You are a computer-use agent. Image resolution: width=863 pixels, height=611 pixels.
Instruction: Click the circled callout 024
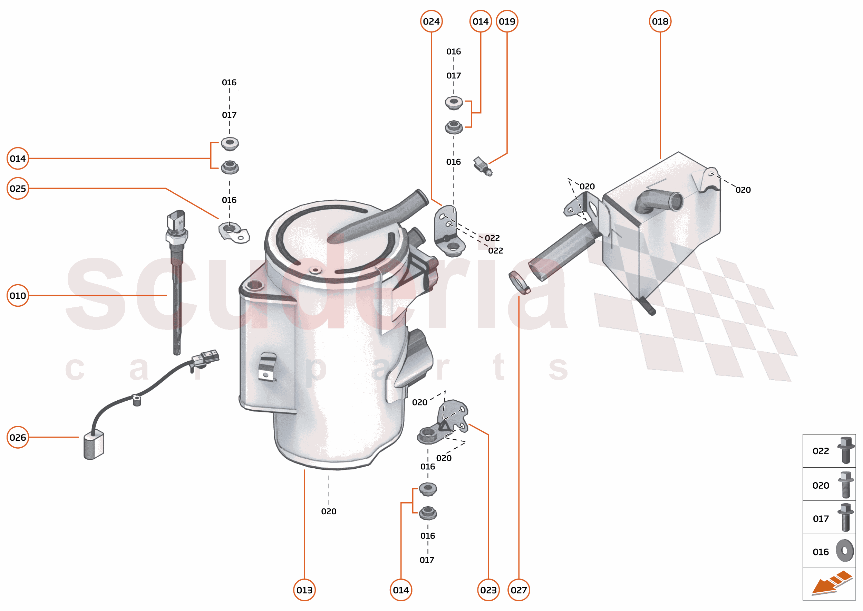tap(431, 21)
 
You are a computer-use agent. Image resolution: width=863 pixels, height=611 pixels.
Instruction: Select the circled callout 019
tap(506, 21)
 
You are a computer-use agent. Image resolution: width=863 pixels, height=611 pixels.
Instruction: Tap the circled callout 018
tap(660, 21)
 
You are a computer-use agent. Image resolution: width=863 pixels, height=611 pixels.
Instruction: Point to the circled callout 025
tap(18, 188)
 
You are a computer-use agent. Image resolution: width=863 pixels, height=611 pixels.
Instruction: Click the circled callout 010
tap(18, 295)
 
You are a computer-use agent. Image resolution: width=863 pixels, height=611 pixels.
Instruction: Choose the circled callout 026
tap(18, 437)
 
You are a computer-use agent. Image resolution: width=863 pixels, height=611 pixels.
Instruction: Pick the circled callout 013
tap(304, 590)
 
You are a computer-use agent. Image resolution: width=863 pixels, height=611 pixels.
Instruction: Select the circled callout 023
tap(488, 590)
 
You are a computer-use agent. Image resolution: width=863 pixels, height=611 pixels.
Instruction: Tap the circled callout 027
tap(518, 590)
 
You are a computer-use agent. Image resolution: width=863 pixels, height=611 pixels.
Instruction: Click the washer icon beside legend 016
tap(845, 551)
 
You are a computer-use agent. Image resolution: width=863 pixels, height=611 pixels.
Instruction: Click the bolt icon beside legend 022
tap(845, 450)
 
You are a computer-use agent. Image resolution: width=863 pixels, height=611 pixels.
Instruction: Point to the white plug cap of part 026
tap(93, 446)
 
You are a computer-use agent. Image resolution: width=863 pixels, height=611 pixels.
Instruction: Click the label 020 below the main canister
tap(329, 511)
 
